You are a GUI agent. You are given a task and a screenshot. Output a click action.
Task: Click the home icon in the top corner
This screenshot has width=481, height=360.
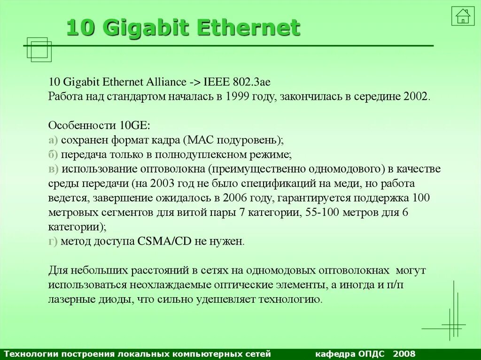(x=463, y=16)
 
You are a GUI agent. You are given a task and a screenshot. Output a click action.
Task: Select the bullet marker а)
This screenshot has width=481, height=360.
(x=53, y=140)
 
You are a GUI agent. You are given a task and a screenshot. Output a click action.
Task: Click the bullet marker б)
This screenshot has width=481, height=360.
(x=53, y=154)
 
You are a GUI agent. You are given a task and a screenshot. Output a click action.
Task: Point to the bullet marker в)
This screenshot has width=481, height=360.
(x=53, y=169)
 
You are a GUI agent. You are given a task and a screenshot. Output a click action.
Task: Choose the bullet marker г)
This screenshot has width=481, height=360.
(x=53, y=242)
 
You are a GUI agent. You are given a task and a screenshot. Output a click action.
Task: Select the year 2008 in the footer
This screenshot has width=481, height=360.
(x=404, y=353)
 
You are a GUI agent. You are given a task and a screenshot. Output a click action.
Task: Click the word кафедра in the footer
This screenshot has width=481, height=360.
(x=334, y=353)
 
